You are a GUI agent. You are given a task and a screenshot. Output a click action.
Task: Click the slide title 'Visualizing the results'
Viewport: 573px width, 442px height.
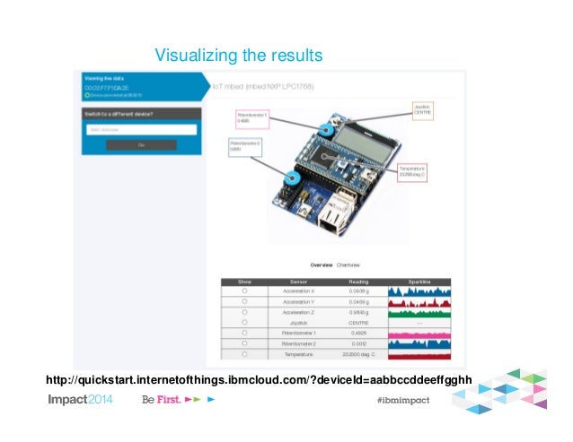tap(238, 56)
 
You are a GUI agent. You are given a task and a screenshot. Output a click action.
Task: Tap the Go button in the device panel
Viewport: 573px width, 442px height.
tap(141, 144)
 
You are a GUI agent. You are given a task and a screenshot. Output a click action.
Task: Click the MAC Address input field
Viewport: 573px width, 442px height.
tap(141, 129)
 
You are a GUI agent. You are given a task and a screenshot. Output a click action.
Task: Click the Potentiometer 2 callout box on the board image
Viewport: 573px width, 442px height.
tap(247, 145)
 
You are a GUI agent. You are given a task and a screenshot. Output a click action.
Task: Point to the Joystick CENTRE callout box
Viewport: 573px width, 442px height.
tap(423, 110)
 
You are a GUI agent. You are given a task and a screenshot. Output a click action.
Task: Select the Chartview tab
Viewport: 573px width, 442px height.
tap(348, 265)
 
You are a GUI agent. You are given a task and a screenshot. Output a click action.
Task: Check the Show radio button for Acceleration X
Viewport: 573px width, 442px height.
tap(244, 291)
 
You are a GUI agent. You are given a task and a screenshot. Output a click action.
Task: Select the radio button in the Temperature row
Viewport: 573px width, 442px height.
tap(244, 355)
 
